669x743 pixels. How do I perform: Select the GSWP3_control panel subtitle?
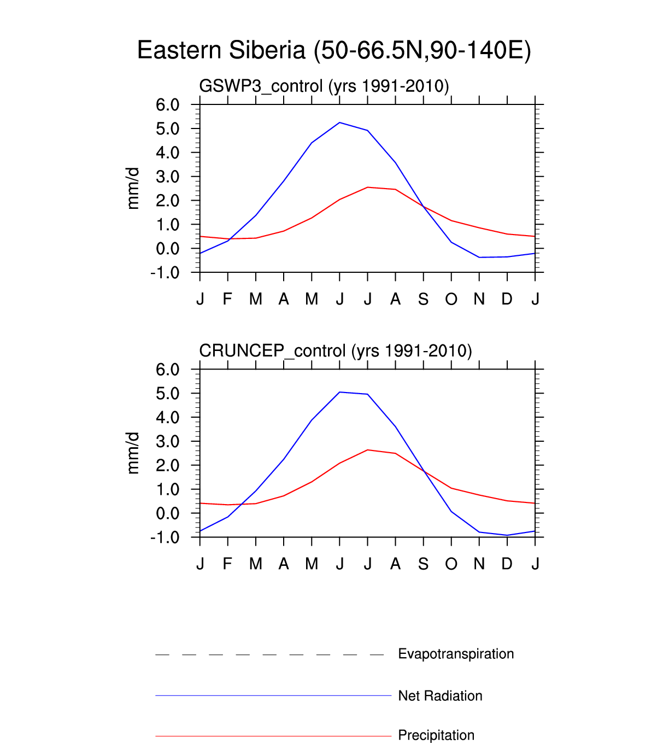click(324, 86)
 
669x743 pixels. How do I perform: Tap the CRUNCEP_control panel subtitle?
click(335, 350)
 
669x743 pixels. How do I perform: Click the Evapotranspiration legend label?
click(456, 654)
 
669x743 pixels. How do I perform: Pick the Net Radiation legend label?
click(440, 696)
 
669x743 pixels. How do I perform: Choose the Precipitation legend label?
click(436, 735)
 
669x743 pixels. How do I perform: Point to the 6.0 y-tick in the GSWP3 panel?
click(167, 105)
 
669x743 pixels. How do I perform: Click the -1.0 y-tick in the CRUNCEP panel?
click(165, 537)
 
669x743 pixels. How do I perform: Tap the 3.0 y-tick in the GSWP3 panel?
click(167, 177)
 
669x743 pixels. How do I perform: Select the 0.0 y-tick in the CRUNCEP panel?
click(167, 513)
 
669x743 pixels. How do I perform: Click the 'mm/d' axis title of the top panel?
click(133, 189)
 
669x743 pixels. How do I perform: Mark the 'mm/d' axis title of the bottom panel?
click(133, 453)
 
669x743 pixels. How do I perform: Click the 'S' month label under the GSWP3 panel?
click(423, 299)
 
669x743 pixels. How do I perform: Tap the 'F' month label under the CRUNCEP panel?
click(228, 564)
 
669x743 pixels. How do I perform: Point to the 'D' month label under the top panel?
click(507, 299)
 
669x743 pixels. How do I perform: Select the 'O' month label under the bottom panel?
click(451, 564)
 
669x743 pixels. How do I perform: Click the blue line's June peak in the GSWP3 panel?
click(340, 122)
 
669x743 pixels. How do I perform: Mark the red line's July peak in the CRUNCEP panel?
click(368, 450)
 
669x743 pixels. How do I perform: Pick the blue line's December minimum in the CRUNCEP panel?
click(507, 535)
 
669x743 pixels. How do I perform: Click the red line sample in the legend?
click(273, 736)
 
